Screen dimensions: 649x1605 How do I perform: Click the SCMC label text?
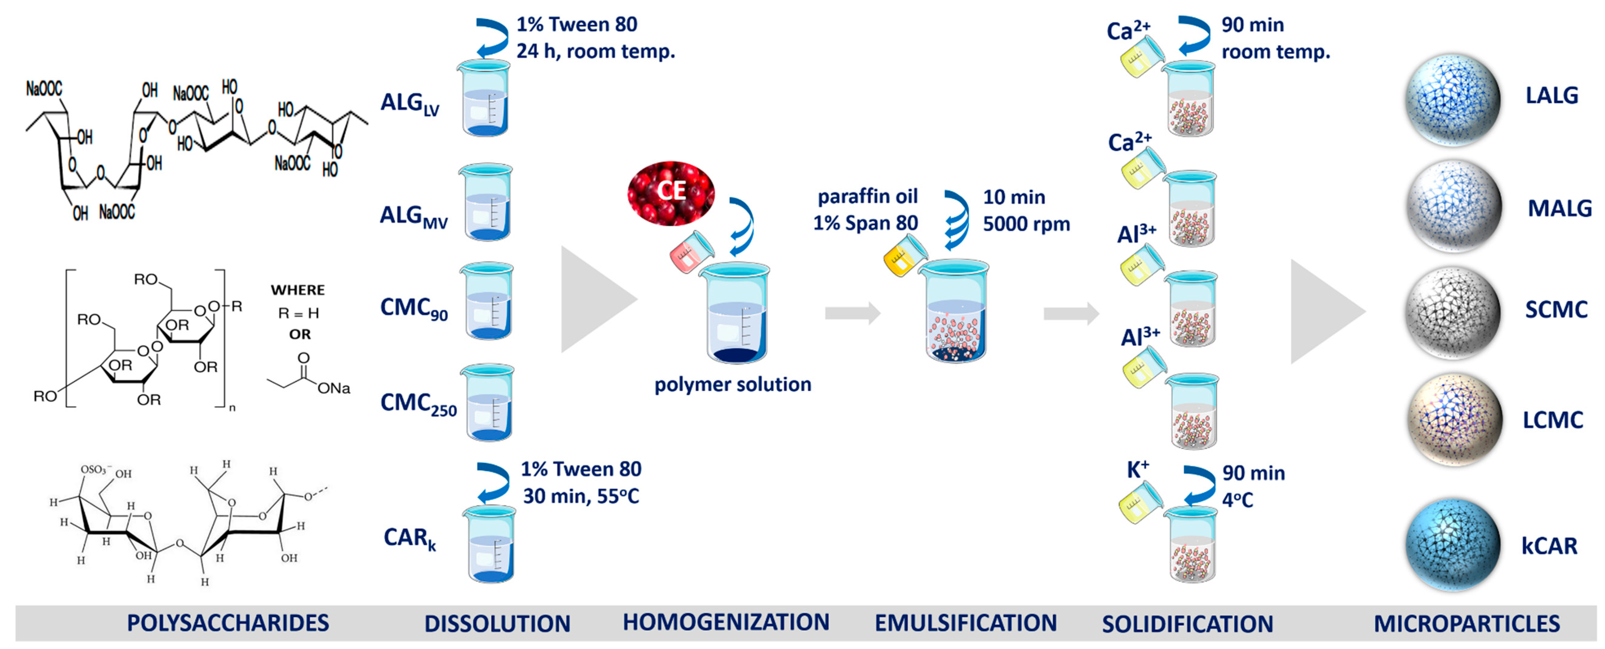(x=1556, y=310)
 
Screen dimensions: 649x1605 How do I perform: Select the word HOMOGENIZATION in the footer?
(x=726, y=622)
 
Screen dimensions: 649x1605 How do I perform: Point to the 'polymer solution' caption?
(x=733, y=385)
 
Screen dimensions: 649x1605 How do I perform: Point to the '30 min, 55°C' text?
(x=581, y=496)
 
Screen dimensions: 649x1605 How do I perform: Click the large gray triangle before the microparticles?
(x=1324, y=312)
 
